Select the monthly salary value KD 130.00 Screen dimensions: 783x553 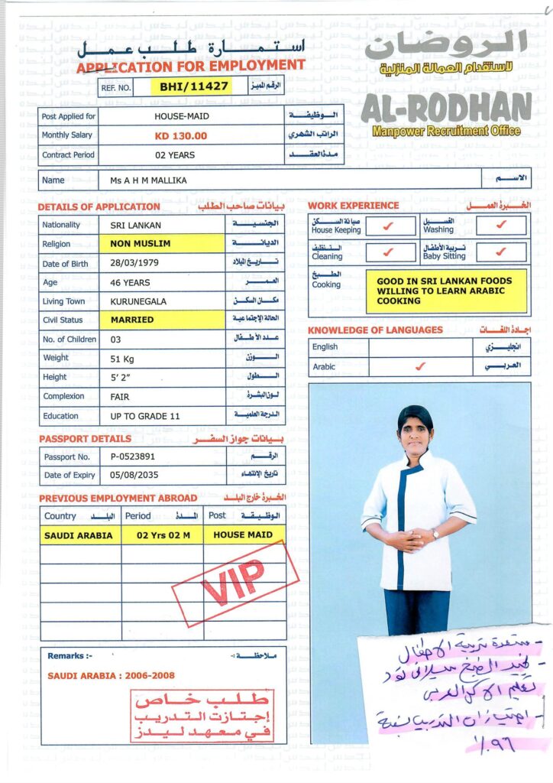(x=180, y=136)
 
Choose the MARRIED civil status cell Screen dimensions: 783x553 (x=132, y=320)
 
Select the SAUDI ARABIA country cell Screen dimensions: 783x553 (x=79, y=535)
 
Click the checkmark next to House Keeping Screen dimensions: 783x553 (x=388, y=226)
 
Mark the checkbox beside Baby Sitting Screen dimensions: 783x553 (x=501, y=251)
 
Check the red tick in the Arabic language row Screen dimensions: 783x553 (x=419, y=366)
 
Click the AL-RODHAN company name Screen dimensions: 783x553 (x=446, y=107)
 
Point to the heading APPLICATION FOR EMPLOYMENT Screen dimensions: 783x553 (x=190, y=66)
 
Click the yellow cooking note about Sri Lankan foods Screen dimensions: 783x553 (x=445, y=291)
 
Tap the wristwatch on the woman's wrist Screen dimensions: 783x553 (x=435, y=534)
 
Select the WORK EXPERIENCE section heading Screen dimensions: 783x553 (x=353, y=206)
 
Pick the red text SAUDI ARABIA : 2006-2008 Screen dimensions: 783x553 (x=111, y=676)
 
